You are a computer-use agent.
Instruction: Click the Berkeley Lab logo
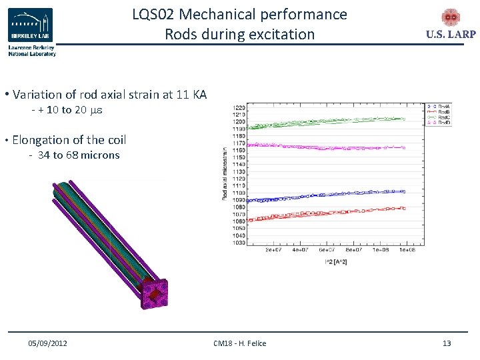31,26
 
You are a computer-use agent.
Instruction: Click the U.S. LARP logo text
451,35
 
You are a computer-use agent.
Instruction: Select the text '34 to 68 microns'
79,155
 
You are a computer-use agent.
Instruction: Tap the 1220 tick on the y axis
239,107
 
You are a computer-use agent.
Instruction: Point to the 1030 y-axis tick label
239,243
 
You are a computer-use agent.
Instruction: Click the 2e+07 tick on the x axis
272,250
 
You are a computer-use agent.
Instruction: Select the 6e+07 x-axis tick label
327,250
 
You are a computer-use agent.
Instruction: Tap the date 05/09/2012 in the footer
47,343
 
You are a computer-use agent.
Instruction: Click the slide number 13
447,343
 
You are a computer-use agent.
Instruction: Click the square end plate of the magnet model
153,293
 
